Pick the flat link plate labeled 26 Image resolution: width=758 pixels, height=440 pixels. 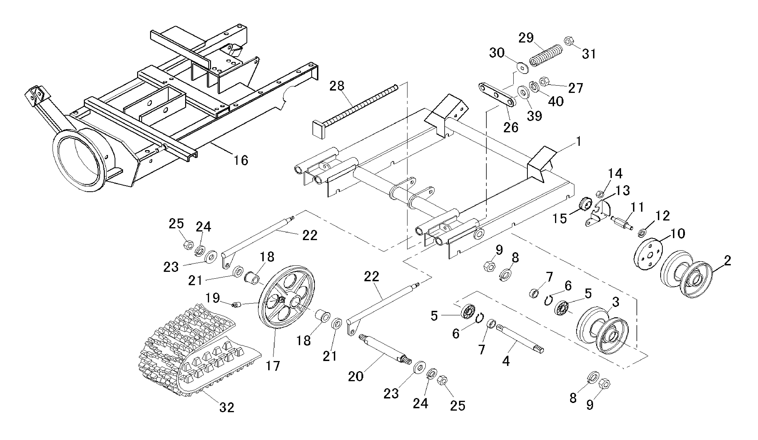pos(497,99)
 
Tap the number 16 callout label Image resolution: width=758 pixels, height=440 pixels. pos(241,160)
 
